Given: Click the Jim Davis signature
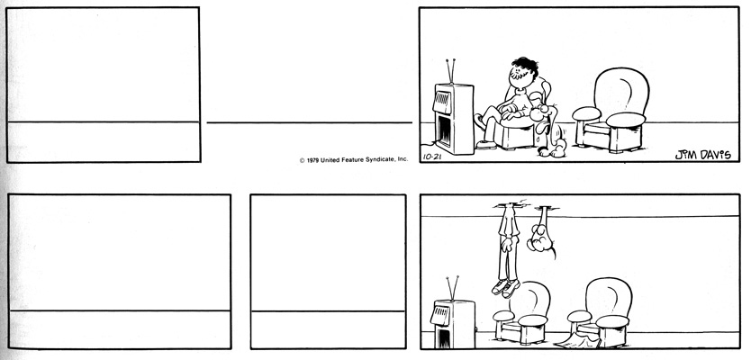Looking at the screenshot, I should click(x=700, y=153).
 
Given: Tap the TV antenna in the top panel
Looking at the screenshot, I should click(x=451, y=71).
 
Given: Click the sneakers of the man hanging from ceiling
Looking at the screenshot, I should click(x=504, y=287).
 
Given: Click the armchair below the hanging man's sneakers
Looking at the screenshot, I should click(x=526, y=312).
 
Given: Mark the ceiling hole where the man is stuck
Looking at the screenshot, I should click(x=510, y=206).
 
